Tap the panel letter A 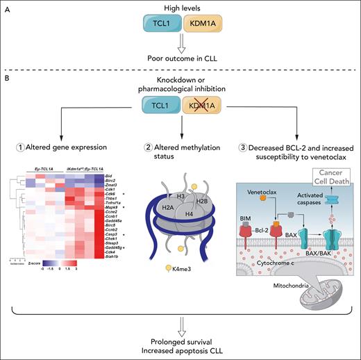(10, 8)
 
